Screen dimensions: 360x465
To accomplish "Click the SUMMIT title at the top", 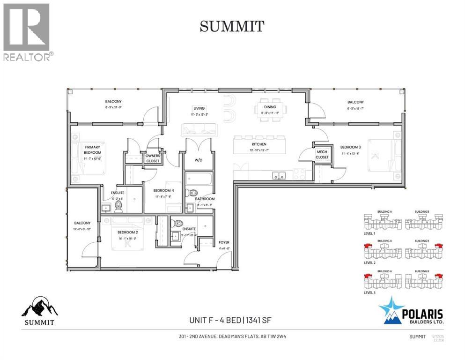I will coord(232,27).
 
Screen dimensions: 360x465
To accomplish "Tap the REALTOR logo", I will coord(27,32).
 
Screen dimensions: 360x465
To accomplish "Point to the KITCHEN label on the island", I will coord(259,144).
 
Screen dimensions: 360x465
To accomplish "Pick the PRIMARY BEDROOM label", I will coord(93,150).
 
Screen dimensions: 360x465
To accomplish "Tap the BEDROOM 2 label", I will coord(126,232).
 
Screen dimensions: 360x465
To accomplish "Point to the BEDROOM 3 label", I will coord(350,147).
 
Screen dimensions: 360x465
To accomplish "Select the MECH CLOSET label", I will coord(322,154).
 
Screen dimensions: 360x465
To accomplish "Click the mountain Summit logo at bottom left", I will coord(40,310).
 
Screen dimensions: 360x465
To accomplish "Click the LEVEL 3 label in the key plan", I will coord(369,292).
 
